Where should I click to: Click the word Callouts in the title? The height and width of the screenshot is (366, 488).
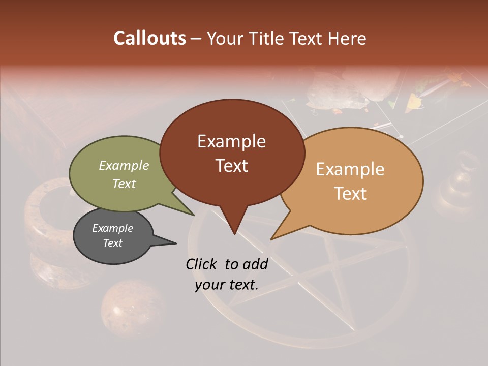tap(149, 39)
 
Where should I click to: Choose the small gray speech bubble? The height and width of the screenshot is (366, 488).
tap(113, 236)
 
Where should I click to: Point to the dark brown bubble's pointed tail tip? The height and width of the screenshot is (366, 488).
tap(234, 234)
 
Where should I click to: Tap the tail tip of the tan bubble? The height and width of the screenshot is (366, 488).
tap(271, 239)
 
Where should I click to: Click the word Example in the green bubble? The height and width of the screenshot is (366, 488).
tap(124, 166)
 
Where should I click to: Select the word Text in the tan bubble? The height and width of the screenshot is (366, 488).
tap(350, 193)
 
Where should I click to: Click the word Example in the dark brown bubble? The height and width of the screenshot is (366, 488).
tap(231, 141)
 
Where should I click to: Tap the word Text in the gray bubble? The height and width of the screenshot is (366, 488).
tap(112, 243)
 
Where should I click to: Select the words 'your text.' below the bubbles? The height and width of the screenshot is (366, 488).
tap(226, 285)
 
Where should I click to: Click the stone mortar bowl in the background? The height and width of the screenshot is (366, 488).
tap(51, 224)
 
